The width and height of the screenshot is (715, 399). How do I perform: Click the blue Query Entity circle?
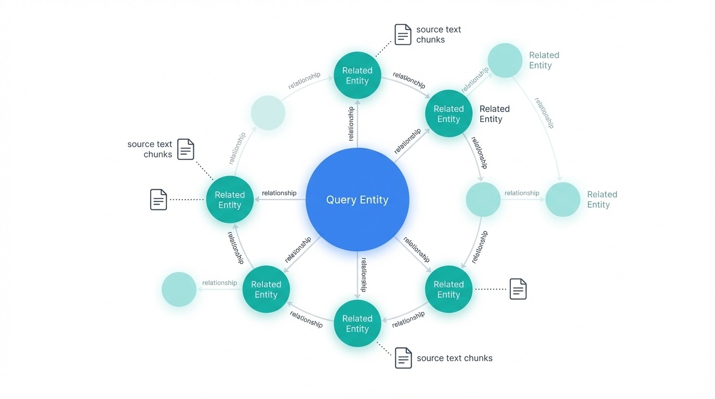click(357, 199)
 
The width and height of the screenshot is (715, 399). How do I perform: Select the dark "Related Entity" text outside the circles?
click(494, 114)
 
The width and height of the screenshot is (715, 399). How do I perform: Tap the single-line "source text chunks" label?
click(454, 358)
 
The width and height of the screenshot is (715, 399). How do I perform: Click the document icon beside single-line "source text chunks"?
click(403, 358)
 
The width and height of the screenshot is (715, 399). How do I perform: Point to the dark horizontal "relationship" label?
click(279, 193)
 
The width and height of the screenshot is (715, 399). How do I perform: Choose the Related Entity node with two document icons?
click(230, 199)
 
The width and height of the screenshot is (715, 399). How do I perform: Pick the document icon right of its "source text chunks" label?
click(186, 149)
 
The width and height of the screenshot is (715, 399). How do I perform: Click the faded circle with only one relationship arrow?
click(179, 289)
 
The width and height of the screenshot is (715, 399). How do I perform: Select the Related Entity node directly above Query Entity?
click(357, 75)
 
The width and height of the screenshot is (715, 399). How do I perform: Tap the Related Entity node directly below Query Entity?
click(357, 323)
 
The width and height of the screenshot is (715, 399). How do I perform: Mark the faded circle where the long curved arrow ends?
click(562, 199)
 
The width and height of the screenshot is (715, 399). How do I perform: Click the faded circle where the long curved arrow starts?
click(505, 61)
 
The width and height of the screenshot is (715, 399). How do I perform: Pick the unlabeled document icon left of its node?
click(158, 199)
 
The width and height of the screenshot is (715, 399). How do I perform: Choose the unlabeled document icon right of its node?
click(518, 289)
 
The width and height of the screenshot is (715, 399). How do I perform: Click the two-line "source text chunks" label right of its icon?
click(438, 34)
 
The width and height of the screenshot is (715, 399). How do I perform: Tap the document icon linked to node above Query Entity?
click(403, 34)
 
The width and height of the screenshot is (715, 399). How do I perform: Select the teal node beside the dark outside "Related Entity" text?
click(448, 114)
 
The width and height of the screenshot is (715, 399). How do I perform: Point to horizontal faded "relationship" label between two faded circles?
click(522, 193)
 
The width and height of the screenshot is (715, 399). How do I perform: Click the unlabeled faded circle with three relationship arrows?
click(483, 199)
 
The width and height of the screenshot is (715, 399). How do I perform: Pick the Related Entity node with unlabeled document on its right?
click(448, 289)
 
